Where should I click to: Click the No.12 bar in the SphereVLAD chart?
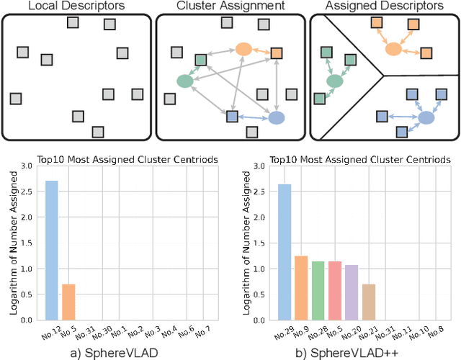[52, 250]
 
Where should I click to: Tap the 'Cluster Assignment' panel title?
[230, 6]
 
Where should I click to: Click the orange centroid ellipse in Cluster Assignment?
[243, 50]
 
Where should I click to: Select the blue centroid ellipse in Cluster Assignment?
[276, 118]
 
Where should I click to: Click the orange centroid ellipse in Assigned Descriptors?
[393, 49]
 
